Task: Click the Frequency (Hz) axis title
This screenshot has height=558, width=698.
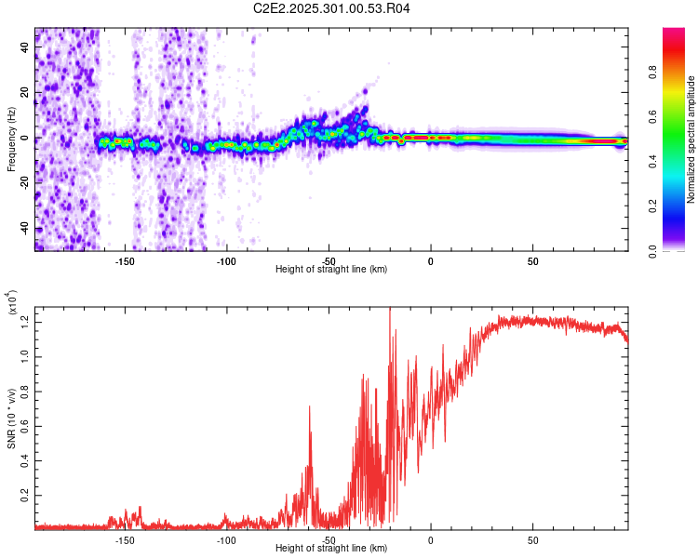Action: (11, 139)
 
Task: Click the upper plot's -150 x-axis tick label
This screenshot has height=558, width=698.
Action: (126, 260)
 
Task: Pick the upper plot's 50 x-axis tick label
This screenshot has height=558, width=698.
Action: (531, 260)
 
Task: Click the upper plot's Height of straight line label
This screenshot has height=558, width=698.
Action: (331, 270)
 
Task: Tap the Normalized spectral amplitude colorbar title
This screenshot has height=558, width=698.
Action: (691, 139)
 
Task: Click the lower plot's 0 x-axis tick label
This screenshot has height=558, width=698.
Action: (430, 539)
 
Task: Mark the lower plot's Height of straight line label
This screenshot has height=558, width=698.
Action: (331, 549)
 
